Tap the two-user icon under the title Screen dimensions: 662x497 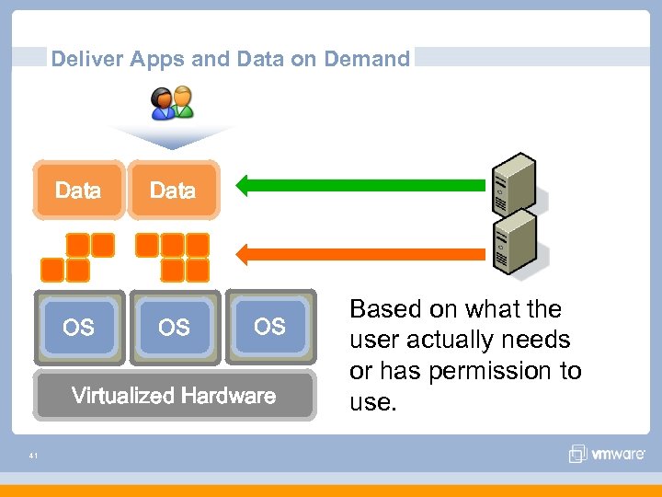pyautogui.click(x=173, y=103)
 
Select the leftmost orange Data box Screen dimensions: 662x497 pyautogui.click(x=78, y=191)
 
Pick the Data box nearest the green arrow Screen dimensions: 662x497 pyautogui.click(x=173, y=191)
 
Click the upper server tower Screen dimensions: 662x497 pyautogui.click(x=516, y=183)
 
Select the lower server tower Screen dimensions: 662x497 pyautogui.click(x=516, y=241)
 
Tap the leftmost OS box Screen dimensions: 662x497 pyautogui.click(x=78, y=328)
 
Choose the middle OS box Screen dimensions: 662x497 pyautogui.click(x=174, y=328)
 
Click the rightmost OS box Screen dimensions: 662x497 pyautogui.click(x=269, y=326)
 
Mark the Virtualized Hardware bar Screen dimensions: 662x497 pyautogui.click(x=174, y=396)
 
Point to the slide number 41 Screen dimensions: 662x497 pyautogui.click(x=33, y=455)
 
